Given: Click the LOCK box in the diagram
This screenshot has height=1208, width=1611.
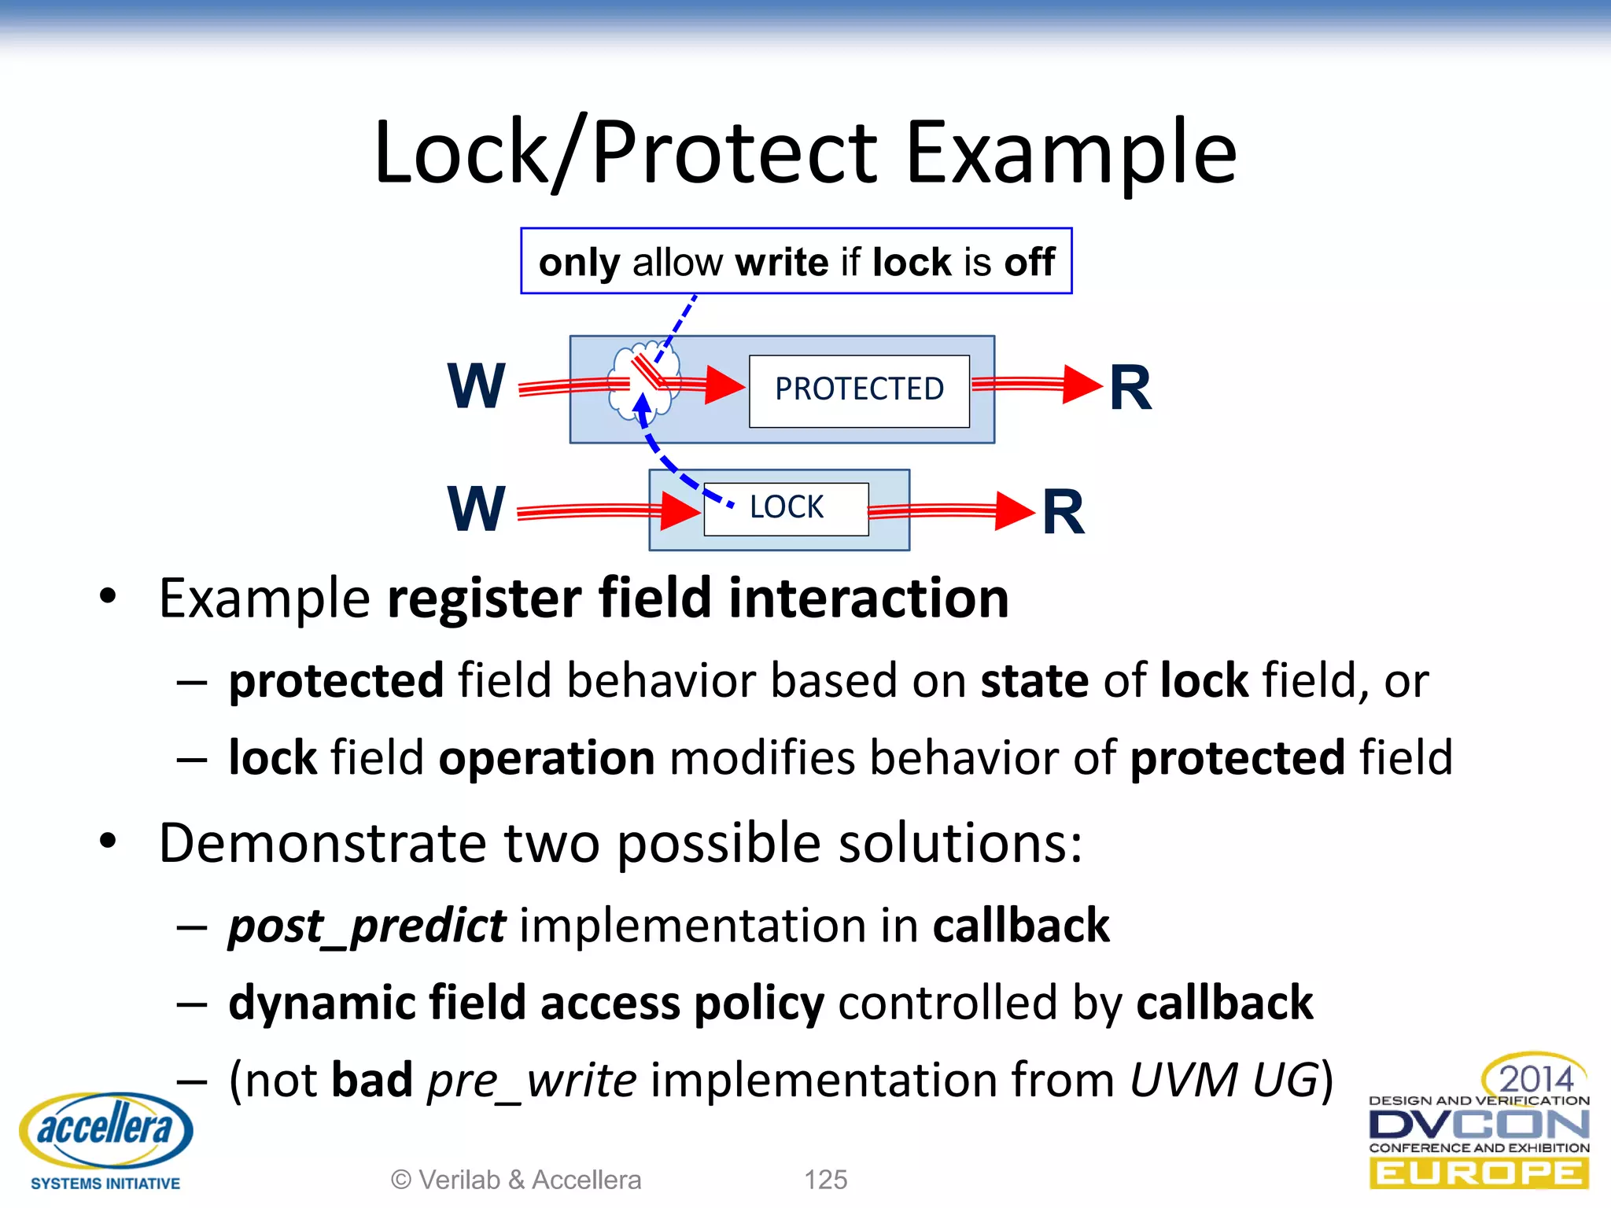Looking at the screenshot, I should coord(786,509).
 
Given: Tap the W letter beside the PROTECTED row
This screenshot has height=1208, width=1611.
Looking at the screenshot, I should coord(476,386).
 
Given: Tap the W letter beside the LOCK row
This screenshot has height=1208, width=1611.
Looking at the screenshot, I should coord(476,509).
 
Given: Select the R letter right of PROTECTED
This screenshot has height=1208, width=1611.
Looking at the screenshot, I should coord(1130,388).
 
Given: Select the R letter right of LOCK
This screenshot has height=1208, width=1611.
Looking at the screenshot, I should coord(1063,512).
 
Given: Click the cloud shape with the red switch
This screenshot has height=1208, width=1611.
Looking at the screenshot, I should coord(643,380).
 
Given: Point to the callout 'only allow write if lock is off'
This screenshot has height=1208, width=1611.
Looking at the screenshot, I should coord(795,262).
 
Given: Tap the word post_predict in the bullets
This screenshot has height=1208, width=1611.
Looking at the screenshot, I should coord(367,926).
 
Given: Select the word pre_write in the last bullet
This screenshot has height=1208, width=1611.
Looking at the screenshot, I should coord(531,1080).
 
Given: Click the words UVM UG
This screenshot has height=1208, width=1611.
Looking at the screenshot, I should coord(1223,1080).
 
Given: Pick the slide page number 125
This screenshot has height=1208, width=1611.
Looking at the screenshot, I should coord(825,1180).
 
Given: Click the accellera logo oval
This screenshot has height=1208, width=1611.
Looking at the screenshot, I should coord(105,1129).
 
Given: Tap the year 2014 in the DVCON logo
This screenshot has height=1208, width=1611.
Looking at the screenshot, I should coord(1535,1078).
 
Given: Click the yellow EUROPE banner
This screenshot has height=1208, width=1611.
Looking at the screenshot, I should coord(1478,1174).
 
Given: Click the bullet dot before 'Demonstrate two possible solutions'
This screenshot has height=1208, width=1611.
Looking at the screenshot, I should coord(108,842).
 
